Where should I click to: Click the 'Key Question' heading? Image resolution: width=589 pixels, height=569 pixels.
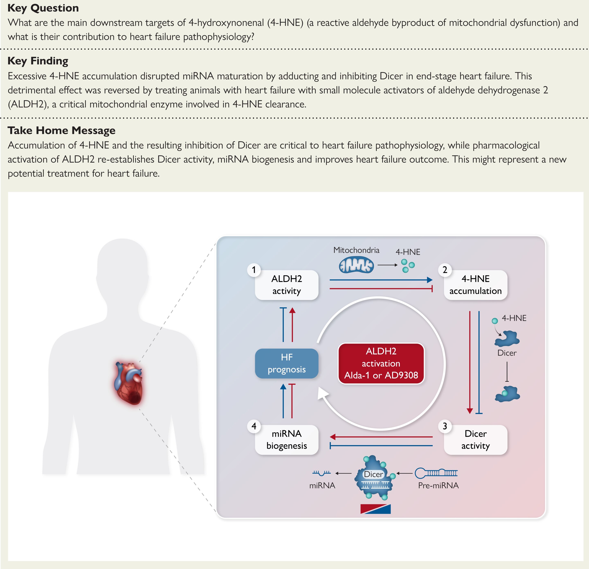tap(43, 8)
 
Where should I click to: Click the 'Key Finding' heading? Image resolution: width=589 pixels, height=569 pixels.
tap(38, 61)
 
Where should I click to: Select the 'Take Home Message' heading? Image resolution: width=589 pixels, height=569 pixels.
tap(61, 130)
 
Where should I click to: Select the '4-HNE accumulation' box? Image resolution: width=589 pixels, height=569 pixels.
tap(475, 285)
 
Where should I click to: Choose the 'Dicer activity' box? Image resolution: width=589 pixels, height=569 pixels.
tap(475, 440)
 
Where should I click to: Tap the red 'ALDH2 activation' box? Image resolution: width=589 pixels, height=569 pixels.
tap(381, 363)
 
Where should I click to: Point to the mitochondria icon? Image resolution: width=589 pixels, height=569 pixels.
tap(356, 265)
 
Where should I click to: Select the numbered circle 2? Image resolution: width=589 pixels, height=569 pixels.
tap(445, 270)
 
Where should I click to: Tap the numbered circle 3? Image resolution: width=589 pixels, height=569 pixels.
tap(445, 426)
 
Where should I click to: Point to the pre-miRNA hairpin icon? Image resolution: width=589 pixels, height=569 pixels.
tap(436, 473)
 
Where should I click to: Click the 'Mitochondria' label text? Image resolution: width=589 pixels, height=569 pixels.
tap(356, 250)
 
